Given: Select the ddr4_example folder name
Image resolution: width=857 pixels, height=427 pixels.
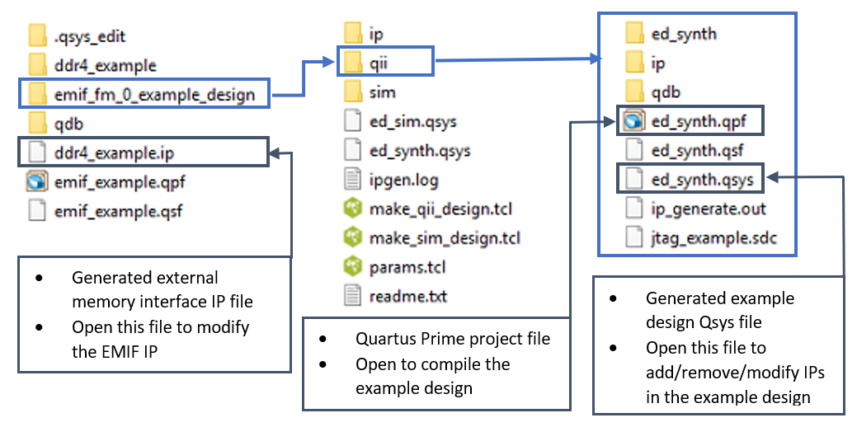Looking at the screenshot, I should point(105,65).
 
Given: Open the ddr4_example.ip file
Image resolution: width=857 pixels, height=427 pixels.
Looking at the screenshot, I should point(113,153).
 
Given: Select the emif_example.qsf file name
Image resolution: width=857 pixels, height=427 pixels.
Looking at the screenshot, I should point(118,211).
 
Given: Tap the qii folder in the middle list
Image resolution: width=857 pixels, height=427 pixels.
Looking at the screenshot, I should point(377,63).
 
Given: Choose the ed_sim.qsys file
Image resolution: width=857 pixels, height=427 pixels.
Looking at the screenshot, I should point(412,122).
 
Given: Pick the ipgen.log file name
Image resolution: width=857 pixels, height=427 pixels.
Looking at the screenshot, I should point(404,179).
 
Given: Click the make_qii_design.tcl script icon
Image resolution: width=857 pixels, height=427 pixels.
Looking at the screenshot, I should point(353,209).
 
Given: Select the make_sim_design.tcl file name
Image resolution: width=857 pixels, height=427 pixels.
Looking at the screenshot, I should point(445,238).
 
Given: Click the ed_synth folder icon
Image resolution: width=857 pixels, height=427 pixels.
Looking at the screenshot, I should point(634,34).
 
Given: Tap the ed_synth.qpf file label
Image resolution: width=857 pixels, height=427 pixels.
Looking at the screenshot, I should point(699,122).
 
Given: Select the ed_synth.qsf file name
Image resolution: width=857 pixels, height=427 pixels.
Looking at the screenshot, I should point(698,150).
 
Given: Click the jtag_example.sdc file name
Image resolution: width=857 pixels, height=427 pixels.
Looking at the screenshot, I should point(713,238).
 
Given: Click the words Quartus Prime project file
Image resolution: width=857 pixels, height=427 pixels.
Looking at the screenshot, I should point(453,339).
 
